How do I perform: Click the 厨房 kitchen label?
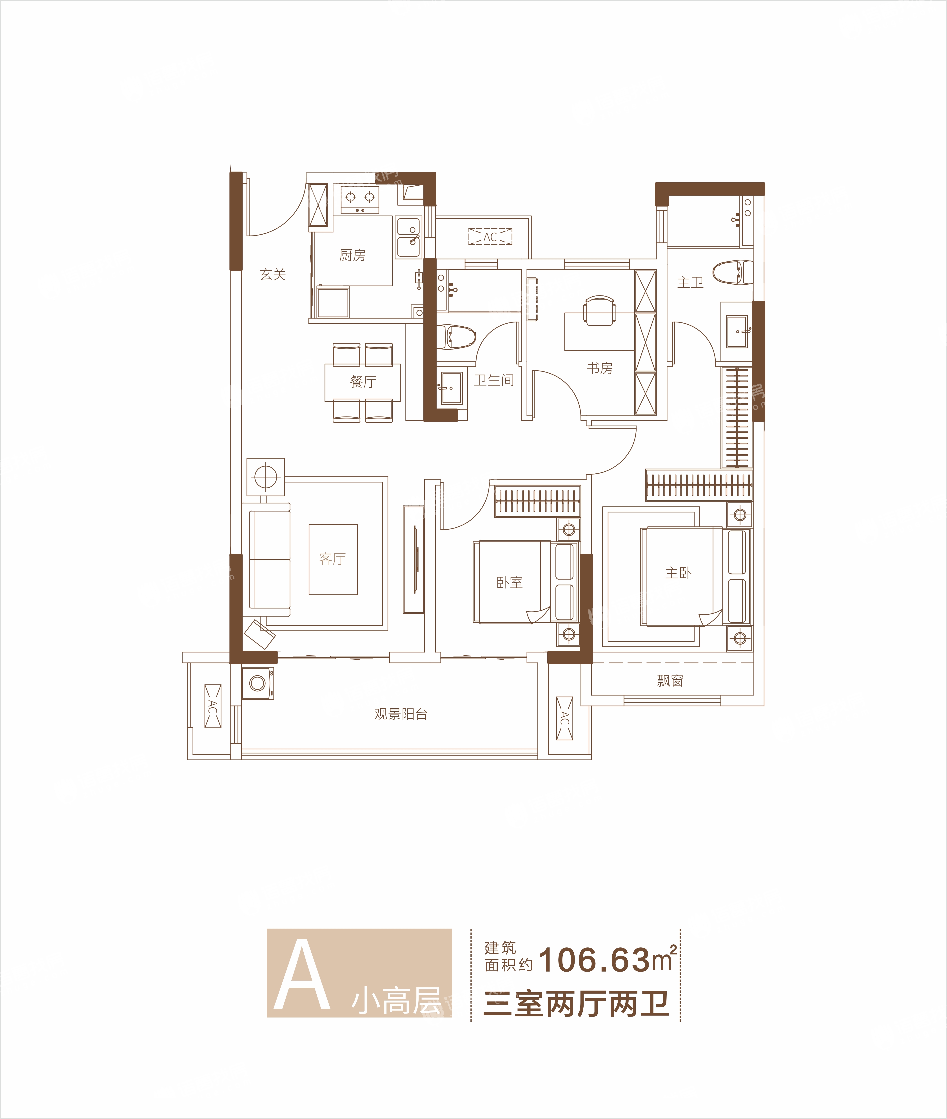352,255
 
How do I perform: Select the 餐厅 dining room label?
363,382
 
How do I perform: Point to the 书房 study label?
600,368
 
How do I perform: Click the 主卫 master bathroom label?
690,282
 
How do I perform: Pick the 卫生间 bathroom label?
494,380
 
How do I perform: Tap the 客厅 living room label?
332,559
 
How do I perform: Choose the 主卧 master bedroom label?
679,573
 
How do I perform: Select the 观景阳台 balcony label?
401,714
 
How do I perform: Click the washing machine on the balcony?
258,683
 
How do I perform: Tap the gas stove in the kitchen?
360,199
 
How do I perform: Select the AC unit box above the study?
490,237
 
